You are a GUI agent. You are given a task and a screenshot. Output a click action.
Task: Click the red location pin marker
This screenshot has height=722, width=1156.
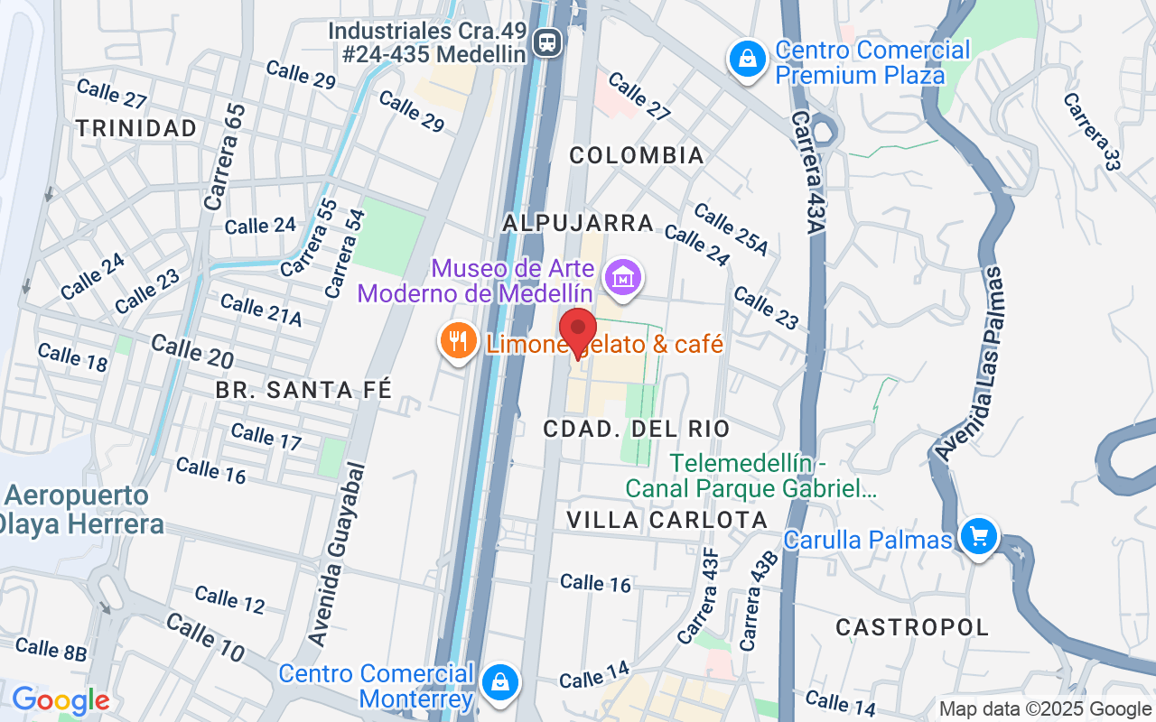[x=578, y=330]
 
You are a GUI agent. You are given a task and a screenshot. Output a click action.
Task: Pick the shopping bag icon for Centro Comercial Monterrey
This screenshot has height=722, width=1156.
[x=499, y=682]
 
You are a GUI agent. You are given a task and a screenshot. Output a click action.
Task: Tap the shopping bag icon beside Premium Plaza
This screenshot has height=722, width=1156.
[x=747, y=60]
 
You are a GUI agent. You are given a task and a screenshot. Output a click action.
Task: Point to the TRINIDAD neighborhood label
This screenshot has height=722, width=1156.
[x=136, y=128]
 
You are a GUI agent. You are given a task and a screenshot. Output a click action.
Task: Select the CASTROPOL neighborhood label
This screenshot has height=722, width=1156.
[x=912, y=626]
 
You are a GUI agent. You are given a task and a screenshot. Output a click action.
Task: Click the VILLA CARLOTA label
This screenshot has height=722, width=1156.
[x=667, y=520]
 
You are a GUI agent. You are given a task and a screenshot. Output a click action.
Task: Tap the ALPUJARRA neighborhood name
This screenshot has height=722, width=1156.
[x=578, y=222]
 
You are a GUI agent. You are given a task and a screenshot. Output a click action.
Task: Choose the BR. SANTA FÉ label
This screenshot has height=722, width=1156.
[x=303, y=390]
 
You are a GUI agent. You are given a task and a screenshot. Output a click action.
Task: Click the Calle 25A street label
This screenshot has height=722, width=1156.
[x=731, y=229]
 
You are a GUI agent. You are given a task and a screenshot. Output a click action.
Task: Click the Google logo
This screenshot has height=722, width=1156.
[x=61, y=700]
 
